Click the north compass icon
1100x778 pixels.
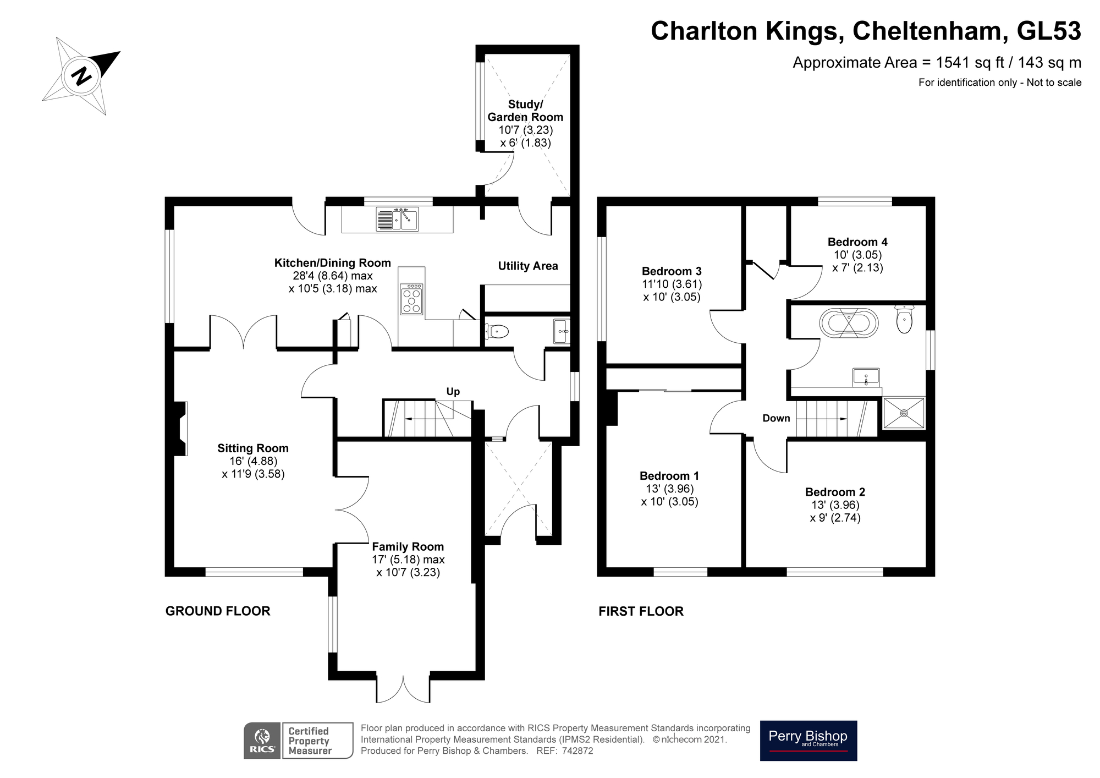(x=82, y=75)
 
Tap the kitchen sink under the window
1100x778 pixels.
(x=397, y=219)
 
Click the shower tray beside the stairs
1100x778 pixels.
(x=904, y=413)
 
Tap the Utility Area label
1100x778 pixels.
(x=527, y=266)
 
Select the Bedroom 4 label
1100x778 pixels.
(x=857, y=242)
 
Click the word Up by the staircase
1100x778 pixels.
(x=453, y=392)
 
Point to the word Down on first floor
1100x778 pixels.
(x=776, y=418)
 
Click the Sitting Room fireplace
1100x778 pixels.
(x=180, y=429)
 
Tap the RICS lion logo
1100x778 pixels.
(x=262, y=741)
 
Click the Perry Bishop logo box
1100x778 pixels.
(x=808, y=741)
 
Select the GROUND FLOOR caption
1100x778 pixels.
(x=218, y=611)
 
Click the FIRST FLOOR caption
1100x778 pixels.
(x=641, y=611)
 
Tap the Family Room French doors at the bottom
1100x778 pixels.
(x=403, y=688)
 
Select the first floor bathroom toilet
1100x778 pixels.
(x=904, y=320)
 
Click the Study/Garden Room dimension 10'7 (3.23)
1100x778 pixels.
(x=525, y=130)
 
